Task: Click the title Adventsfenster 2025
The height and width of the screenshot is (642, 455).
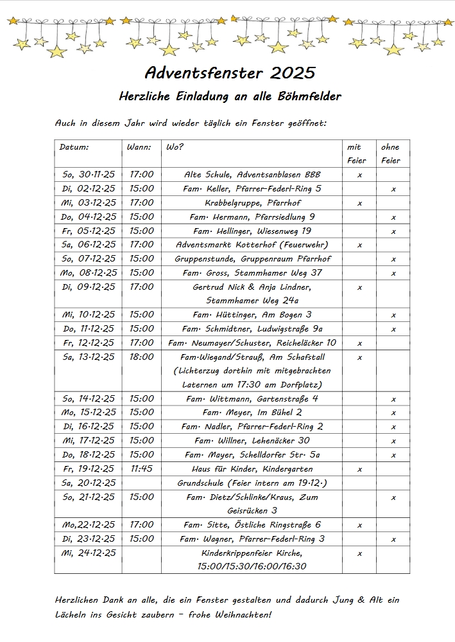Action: coord(230,71)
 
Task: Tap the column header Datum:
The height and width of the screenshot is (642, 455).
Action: coord(74,147)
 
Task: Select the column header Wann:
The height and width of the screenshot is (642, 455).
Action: coord(139,147)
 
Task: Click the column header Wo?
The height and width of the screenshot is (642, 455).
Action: coord(175,147)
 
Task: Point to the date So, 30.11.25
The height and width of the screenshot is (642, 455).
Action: coord(89,175)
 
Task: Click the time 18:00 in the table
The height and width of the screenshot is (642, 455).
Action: coord(142,357)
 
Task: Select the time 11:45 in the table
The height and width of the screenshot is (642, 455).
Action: coord(142,469)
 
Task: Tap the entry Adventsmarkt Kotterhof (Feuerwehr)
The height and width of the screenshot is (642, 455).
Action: coord(252,245)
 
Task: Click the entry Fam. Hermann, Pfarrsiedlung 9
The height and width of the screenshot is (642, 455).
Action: coord(252,217)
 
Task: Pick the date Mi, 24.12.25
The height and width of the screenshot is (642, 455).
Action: coord(89,553)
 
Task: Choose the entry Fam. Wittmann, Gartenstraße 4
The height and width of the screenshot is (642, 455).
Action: coord(252,399)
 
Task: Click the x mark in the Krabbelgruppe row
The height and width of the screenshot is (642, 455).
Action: coord(359,203)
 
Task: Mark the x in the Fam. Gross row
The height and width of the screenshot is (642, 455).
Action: coord(393,273)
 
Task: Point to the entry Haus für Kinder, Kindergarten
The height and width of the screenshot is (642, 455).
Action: coord(252,469)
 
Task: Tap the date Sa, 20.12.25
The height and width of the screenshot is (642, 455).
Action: coord(89,483)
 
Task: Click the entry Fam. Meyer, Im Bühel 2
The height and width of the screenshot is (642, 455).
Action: coord(252,413)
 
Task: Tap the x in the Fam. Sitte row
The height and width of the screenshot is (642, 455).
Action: coord(359,525)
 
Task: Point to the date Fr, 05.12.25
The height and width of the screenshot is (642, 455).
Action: coord(89,231)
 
